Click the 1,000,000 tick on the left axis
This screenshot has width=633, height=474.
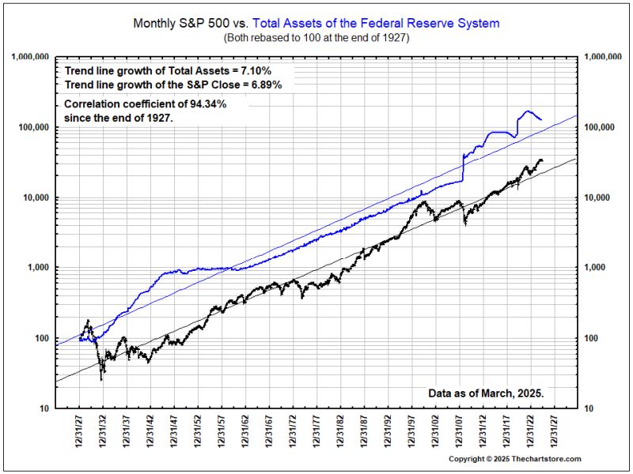[30, 57]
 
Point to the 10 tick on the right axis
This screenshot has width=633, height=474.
[589, 408]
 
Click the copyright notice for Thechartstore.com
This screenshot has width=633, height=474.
[514, 459]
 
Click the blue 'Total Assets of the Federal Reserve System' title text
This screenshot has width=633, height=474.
[376, 24]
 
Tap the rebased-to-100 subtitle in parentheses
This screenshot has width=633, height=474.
[316, 37]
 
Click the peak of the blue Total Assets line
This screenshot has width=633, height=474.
[526, 111]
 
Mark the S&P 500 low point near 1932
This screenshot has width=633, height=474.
[101, 379]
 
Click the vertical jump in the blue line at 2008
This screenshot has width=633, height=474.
[462, 167]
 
